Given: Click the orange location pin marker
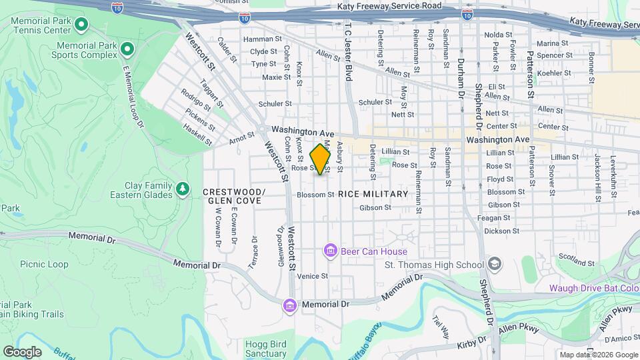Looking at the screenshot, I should [x=321, y=159].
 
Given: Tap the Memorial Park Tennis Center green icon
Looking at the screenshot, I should [x=82, y=25].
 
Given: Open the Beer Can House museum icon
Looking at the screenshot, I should [x=329, y=251].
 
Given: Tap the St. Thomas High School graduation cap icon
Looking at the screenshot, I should [x=494, y=265].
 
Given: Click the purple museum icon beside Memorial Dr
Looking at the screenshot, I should [x=289, y=304].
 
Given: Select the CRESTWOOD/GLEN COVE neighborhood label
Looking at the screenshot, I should [x=234, y=196].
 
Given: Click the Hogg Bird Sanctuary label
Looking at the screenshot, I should [x=265, y=349].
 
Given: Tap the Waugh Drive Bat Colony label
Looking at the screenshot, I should [x=593, y=288].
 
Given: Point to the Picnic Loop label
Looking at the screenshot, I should [x=44, y=265].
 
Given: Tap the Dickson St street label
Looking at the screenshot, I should [x=502, y=231].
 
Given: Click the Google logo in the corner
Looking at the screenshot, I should [x=22, y=351].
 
